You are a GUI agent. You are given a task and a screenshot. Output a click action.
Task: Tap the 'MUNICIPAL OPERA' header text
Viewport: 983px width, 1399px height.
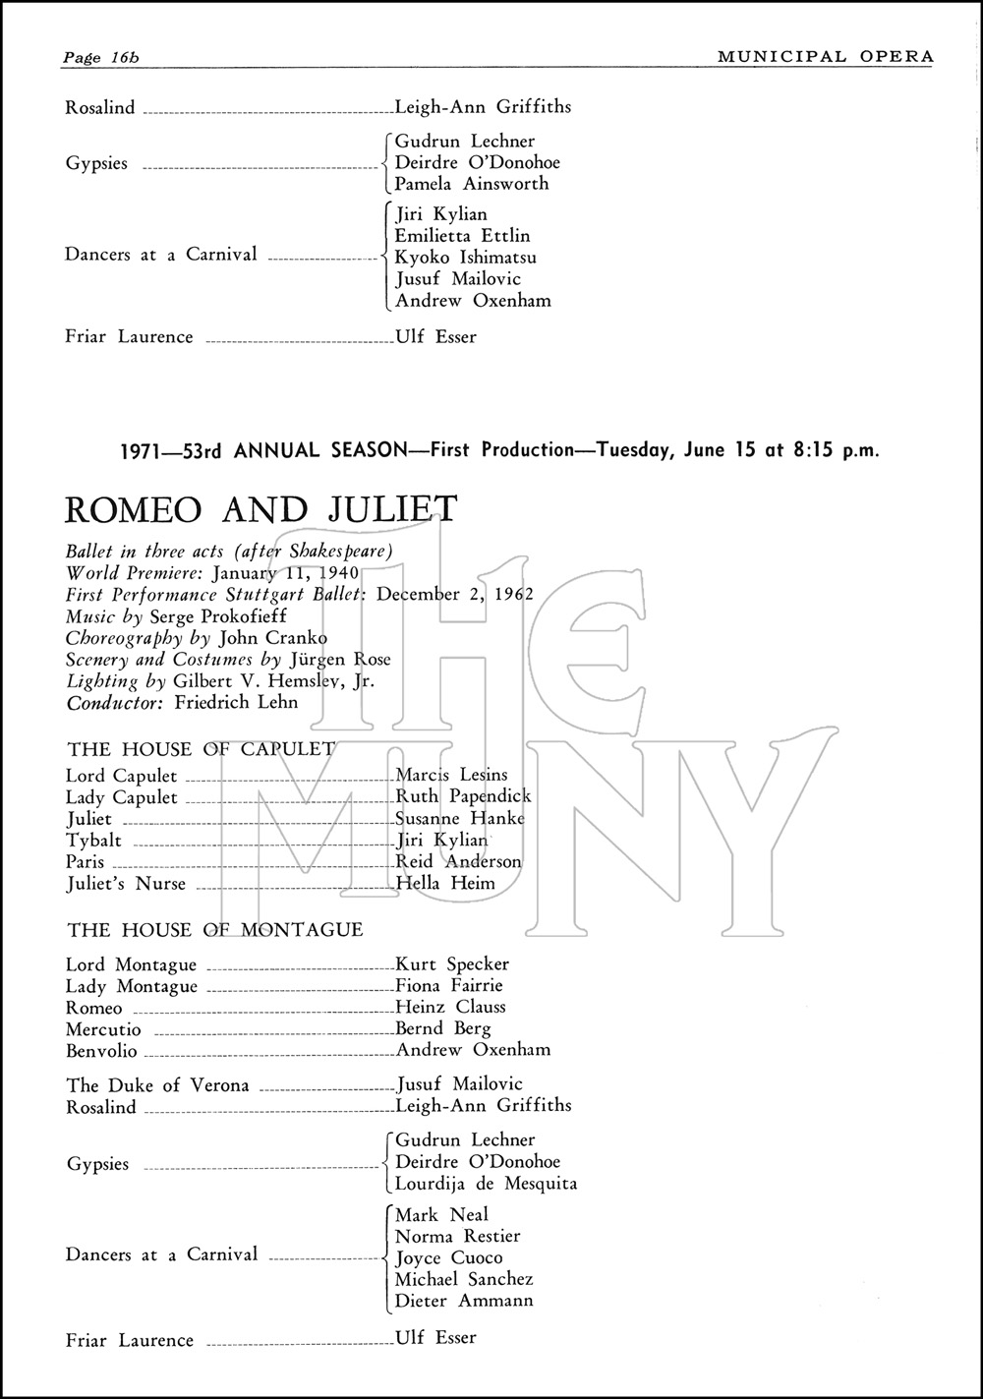(825, 56)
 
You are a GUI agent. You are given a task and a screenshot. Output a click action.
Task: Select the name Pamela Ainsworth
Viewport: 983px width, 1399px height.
(472, 184)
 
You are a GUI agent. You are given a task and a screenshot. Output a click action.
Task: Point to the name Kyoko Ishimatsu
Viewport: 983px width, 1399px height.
(466, 258)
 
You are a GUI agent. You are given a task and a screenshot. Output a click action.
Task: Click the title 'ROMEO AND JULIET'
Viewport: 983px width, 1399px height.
(260, 510)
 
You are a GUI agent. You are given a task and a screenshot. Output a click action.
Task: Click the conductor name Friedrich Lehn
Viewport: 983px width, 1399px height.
(236, 703)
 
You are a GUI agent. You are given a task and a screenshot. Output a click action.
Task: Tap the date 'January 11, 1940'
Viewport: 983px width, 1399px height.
(285, 573)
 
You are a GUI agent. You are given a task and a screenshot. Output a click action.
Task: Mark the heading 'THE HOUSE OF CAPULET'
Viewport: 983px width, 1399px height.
(201, 749)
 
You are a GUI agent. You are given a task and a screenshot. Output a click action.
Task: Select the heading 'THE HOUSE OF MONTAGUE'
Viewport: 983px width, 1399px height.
(214, 929)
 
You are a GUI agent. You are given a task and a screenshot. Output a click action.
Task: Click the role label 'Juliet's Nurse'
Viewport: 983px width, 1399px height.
(126, 883)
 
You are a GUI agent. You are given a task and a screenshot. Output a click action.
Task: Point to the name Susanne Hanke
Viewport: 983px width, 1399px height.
(460, 818)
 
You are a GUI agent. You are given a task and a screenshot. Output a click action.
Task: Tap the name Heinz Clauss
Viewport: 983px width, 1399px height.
(450, 1007)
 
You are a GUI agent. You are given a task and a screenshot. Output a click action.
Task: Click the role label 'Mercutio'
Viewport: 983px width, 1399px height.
(103, 1029)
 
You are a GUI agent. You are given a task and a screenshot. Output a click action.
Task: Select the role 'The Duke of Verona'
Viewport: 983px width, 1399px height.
(157, 1085)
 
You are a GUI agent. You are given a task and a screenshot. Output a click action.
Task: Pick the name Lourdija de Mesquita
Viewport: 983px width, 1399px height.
(486, 1184)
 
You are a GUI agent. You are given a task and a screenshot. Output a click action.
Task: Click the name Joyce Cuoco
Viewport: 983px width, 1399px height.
(448, 1257)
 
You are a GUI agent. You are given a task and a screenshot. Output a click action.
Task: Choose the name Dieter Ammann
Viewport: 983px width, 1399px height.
(464, 1301)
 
